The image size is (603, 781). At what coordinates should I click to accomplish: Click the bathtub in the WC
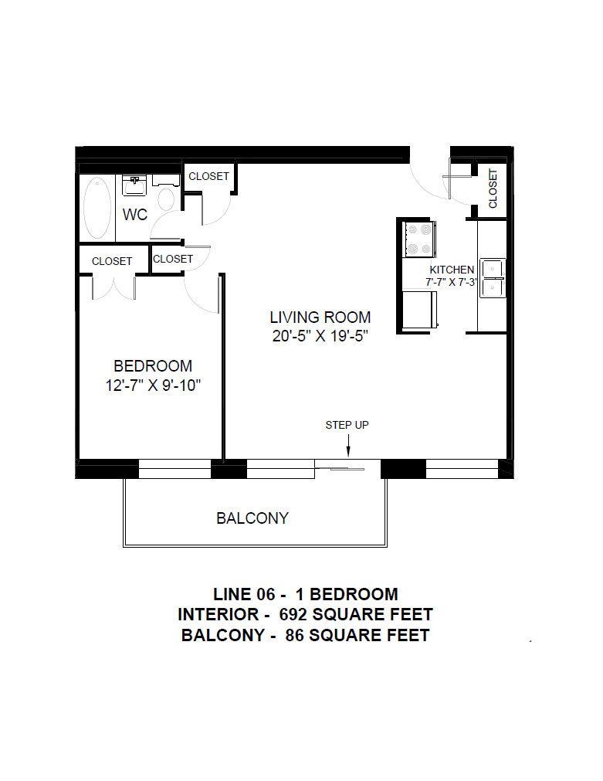tap(97, 209)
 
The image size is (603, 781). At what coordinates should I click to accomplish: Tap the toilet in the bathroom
tap(166, 194)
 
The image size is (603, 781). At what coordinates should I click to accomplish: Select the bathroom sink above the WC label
tap(134, 185)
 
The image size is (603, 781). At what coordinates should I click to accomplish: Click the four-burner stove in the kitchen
tap(418, 239)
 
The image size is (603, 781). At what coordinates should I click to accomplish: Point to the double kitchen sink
tap(493, 278)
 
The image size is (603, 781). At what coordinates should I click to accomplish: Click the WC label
tap(135, 215)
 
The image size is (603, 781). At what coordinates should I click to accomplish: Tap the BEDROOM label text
tap(153, 366)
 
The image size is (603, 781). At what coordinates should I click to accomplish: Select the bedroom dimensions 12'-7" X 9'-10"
tap(153, 385)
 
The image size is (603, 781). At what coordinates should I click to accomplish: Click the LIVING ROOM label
tap(320, 317)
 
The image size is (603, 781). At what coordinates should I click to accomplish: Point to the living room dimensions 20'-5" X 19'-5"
tap(320, 336)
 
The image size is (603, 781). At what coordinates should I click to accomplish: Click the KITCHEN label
tap(452, 270)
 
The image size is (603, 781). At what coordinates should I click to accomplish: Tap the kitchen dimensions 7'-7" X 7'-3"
tap(452, 282)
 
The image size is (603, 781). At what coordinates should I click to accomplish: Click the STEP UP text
tap(347, 425)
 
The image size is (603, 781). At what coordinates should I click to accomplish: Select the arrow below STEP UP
tap(348, 445)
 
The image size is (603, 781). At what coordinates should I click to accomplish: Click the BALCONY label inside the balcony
tap(252, 518)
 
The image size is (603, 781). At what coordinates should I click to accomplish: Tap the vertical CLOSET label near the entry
tap(493, 188)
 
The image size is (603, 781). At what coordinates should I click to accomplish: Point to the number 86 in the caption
tap(294, 636)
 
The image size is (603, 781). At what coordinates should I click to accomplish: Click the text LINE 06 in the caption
tap(244, 594)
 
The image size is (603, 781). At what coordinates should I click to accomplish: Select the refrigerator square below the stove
tap(419, 310)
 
